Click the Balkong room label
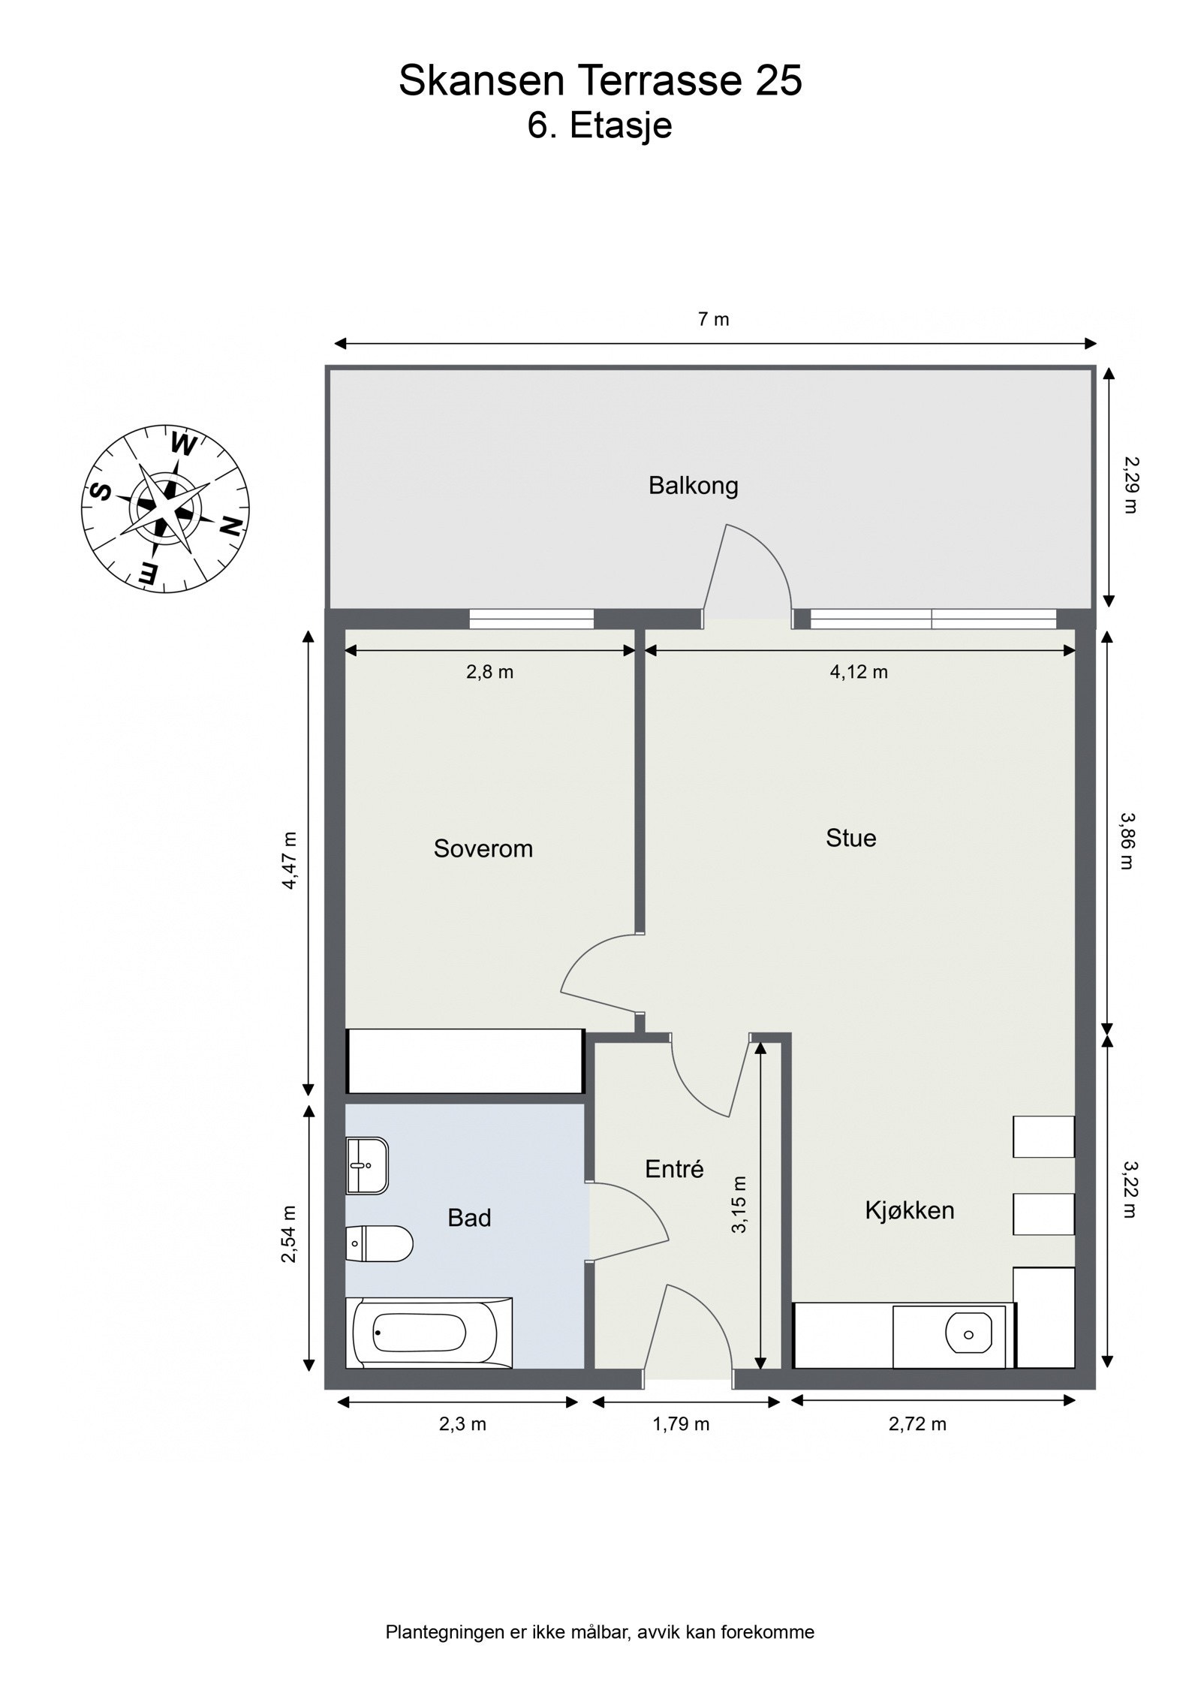(x=693, y=487)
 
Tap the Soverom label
(x=483, y=849)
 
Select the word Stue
(x=850, y=838)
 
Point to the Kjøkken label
(x=909, y=1210)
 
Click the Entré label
(x=674, y=1169)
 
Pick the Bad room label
(x=469, y=1218)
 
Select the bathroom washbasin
(x=367, y=1165)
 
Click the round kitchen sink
(x=968, y=1334)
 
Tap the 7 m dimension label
(x=713, y=319)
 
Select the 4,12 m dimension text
(x=858, y=672)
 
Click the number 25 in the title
(x=778, y=80)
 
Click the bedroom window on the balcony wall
(x=531, y=618)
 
